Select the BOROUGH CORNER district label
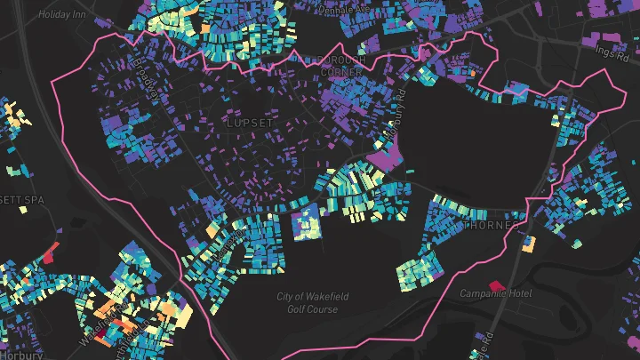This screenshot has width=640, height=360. pos(327,65)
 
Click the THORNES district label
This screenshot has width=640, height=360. pos(491,226)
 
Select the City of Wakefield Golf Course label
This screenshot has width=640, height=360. pos(308,302)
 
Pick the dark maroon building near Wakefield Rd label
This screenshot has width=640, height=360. pos(103,335)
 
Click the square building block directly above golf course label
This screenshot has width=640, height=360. pos(307,221)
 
